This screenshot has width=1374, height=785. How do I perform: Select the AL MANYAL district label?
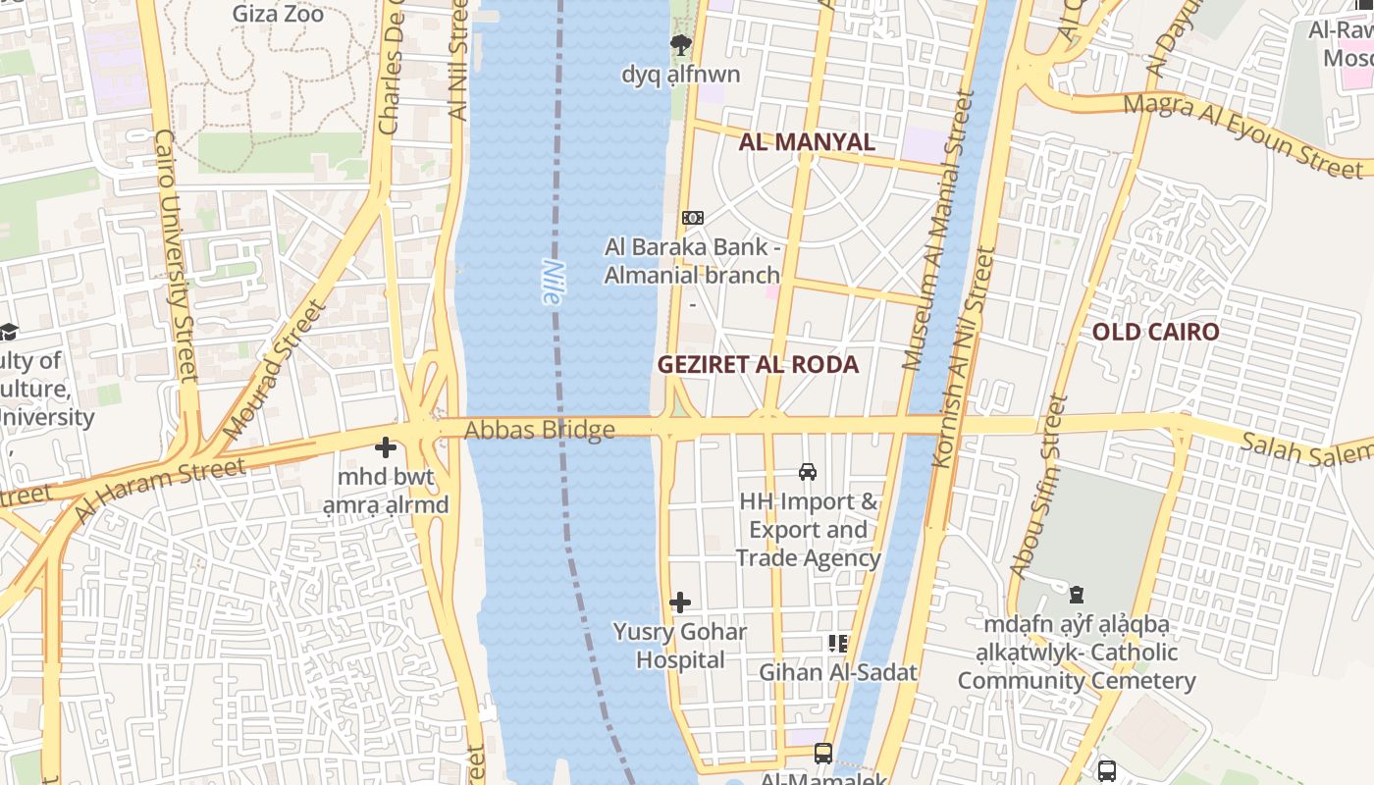[806, 142]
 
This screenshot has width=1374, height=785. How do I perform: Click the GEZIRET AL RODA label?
[758, 365]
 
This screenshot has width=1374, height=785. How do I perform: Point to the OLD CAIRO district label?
[1155, 332]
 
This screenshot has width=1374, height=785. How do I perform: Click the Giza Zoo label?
[278, 14]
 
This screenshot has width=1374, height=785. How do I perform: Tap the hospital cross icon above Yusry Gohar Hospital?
[680, 602]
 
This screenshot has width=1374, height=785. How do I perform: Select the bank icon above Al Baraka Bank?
[693, 217]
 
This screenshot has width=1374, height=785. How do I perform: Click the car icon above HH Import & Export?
[808, 472]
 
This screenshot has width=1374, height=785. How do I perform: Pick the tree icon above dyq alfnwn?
[680, 45]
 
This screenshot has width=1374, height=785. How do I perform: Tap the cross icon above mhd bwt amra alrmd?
[386, 447]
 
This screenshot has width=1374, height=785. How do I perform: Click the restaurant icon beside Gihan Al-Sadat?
[838, 644]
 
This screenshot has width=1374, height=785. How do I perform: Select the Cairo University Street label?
[177, 255]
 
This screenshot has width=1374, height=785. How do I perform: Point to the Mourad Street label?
[274, 371]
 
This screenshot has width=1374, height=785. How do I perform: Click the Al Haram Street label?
[159, 488]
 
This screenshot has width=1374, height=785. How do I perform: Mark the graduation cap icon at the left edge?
[8, 331]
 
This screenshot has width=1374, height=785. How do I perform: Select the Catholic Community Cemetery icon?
[1077, 595]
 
